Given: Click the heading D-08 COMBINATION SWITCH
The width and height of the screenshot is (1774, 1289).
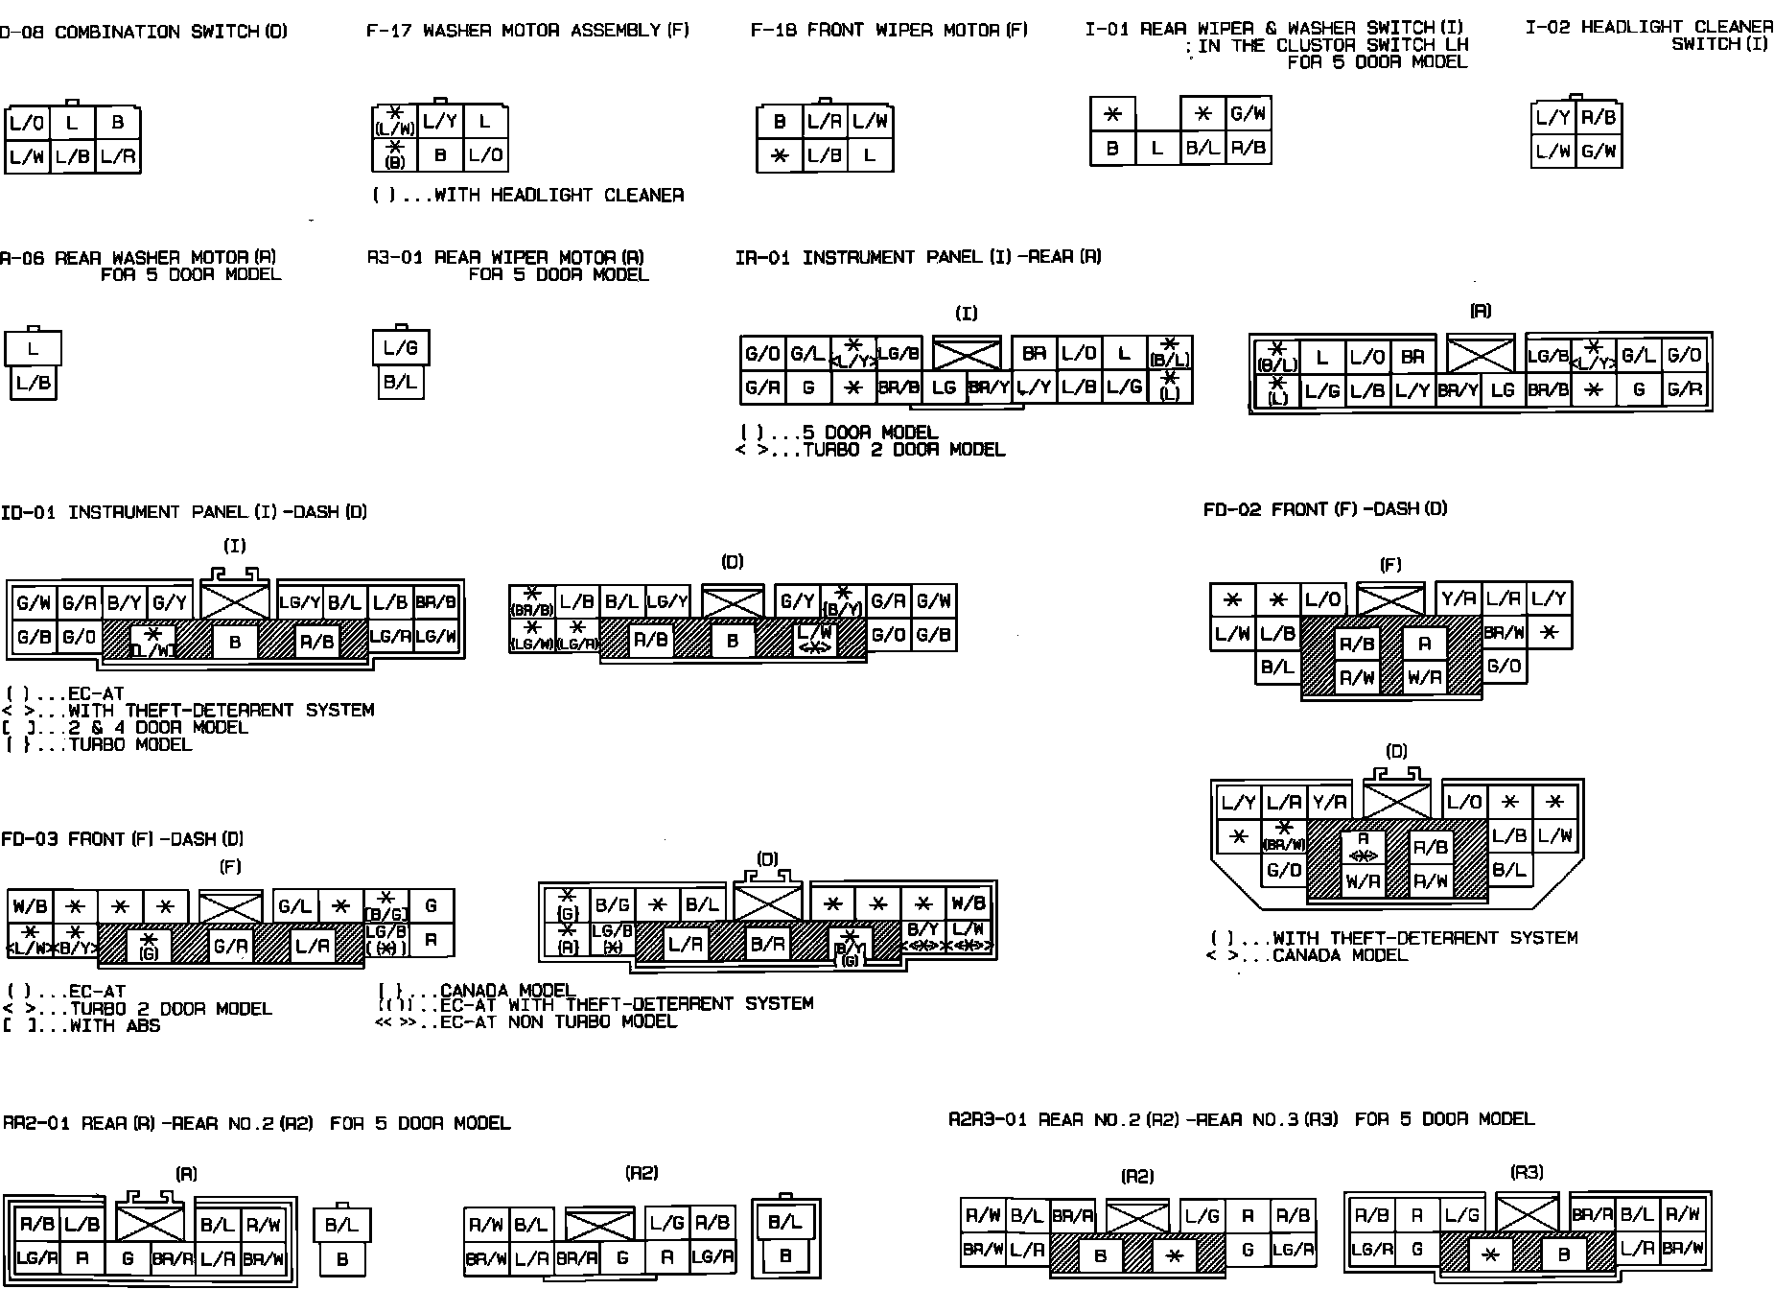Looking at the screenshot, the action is coord(144,33).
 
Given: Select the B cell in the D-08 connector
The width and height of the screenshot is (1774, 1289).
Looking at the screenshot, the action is coord(117,123).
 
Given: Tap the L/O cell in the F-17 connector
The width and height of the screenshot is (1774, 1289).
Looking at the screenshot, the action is coord(485,155).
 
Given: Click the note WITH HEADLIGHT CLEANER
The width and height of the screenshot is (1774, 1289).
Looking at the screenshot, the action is coord(528,196).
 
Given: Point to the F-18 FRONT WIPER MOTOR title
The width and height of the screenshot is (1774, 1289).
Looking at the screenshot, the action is coord(888,31).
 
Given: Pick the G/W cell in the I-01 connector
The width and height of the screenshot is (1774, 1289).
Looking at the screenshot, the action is coord(1248,114).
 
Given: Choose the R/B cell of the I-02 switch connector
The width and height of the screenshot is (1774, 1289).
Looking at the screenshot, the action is coord(1599,118).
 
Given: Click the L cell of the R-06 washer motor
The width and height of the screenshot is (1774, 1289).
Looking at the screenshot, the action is coord(33,349).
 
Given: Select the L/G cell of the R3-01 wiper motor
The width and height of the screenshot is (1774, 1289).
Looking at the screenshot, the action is coord(400,348).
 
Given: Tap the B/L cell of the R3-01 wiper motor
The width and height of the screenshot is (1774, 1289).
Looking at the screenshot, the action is coord(400,383).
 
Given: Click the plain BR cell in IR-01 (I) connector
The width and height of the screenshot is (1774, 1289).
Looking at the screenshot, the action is coord(1034,354).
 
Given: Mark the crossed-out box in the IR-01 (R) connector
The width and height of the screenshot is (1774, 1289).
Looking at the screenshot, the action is coord(1480,355).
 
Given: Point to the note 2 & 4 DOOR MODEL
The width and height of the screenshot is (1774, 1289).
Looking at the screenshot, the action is coord(158,728).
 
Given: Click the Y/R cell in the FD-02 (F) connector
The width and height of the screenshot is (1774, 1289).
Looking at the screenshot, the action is coord(1459,599).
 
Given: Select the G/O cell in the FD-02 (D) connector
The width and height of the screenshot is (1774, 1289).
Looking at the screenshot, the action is coord(1283,871).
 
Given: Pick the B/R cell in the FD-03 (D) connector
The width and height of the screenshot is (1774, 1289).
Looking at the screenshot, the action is coord(767,945).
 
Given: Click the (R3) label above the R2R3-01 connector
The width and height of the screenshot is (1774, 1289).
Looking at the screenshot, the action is coord(1527,1173).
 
